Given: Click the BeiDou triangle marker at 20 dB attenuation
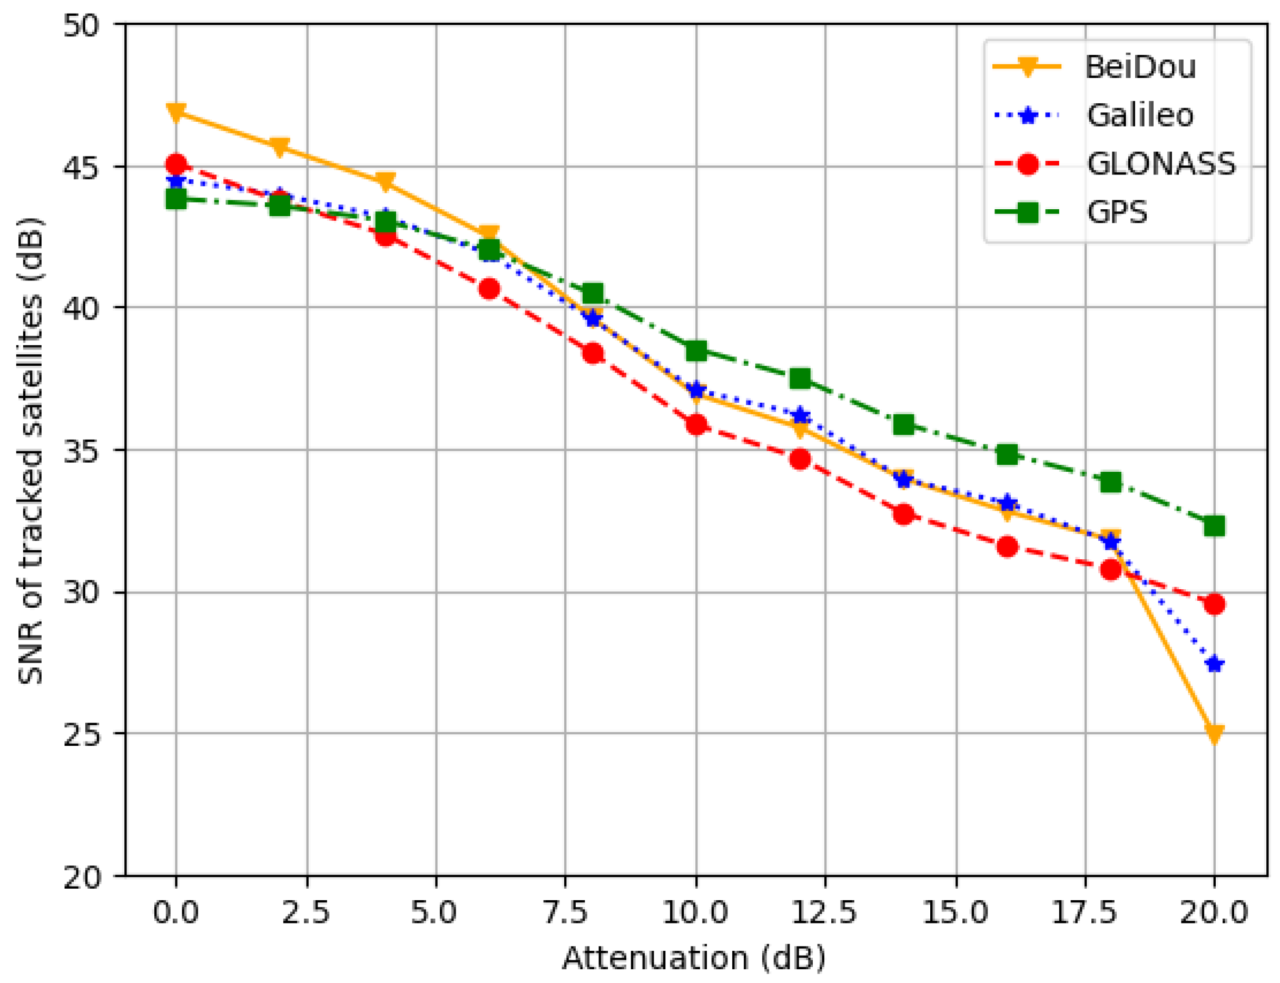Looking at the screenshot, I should [x=1214, y=734].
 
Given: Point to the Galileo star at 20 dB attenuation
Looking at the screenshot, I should [x=1214, y=664].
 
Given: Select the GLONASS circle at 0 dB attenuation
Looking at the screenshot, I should [x=176, y=164].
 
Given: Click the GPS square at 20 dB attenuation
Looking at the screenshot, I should [x=1214, y=526].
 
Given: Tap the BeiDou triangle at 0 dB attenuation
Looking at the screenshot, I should [x=176, y=112].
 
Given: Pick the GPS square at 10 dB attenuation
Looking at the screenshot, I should [x=696, y=351].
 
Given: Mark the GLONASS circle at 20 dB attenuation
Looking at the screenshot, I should [x=1214, y=604].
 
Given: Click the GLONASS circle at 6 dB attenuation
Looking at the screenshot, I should [x=489, y=288].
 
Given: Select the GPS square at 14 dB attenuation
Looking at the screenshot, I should [x=903, y=424].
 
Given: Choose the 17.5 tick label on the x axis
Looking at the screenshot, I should [x=1085, y=913].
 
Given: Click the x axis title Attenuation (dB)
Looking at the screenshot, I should [x=694, y=958].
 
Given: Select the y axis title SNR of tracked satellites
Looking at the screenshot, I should [x=31, y=451].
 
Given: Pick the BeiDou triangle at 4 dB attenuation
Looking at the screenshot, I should [x=385, y=182].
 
